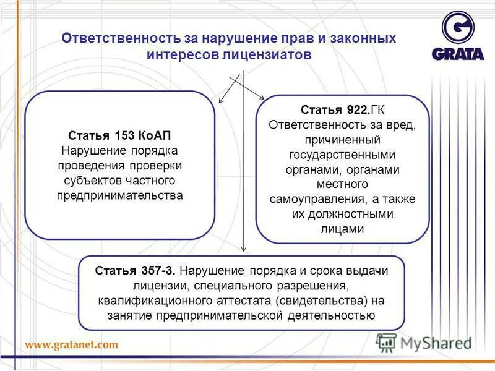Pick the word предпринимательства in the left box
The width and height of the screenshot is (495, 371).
coord(120,195)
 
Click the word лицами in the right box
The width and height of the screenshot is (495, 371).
coord(342,229)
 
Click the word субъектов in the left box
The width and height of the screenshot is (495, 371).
coord(90,181)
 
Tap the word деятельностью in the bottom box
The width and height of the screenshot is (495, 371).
coord(337,315)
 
